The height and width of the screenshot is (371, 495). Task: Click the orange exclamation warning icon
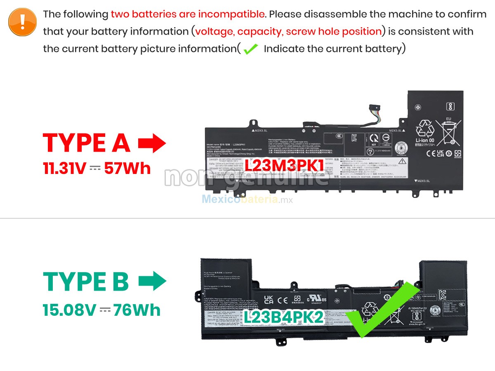pos(22,21)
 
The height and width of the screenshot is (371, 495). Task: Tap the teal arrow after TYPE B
pos(152,282)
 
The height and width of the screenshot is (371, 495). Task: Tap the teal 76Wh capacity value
pos(137,310)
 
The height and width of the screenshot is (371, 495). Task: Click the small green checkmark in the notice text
pos(250,49)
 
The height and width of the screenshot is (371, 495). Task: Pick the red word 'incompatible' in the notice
pos(231,14)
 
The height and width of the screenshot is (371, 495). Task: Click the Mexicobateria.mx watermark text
pos(247,200)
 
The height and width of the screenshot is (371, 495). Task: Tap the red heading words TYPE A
pos(87,143)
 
